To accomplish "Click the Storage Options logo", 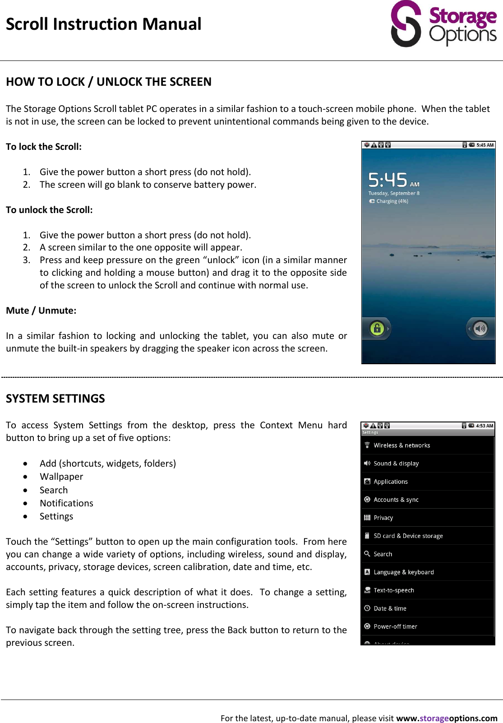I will tap(443, 24).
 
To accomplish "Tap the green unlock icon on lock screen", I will tap(377, 329).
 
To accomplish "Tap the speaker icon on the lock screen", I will tap(480, 329).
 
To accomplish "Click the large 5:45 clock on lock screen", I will tap(388, 180).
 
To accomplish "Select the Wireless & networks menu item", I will tap(401, 445).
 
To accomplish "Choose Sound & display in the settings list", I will tap(396, 463).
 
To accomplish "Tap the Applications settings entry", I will tap(391, 482).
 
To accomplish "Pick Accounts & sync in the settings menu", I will tap(396, 500).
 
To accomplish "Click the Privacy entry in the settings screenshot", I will tap(383, 518).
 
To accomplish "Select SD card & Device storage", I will tap(408, 536).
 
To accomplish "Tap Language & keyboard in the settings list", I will tap(403, 572).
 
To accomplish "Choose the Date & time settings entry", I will tap(390, 608).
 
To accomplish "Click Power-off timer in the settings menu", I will tap(395, 626).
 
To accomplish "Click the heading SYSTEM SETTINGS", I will tap(55, 399).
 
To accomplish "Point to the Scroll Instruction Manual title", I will tap(104, 24).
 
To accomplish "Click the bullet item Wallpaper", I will tap(61, 477).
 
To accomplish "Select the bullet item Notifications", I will tap(66, 503).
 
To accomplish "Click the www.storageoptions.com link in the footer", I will tap(446, 718).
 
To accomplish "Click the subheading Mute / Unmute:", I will tap(41, 311).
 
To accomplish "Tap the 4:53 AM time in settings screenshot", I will tap(485, 426).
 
